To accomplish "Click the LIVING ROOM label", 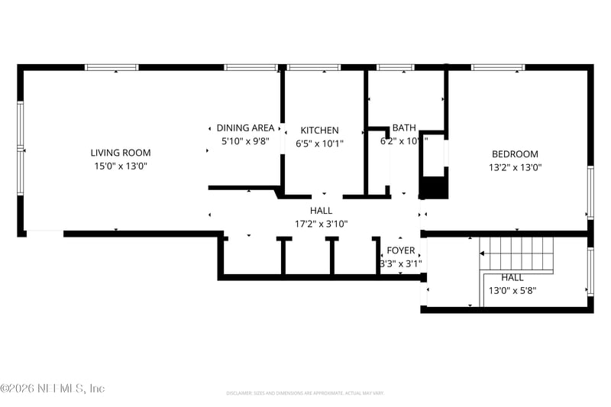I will [121, 153].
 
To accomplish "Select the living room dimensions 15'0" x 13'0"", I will [121, 166].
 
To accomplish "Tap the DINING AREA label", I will [245, 128].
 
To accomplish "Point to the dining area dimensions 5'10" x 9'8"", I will [245, 141].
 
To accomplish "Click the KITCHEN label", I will [319, 131].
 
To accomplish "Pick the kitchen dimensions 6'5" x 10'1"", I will [319, 144].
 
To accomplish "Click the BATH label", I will [404, 128].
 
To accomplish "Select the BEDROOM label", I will [515, 153].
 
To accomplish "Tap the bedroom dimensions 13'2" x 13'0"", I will [515, 166].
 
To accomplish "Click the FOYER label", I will [401, 250].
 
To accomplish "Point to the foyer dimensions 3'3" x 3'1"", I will [401, 263].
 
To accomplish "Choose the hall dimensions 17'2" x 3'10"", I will [321, 224].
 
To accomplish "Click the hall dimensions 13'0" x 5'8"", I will [512, 291].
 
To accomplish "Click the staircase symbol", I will [516, 254].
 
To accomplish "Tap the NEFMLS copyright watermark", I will [52, 389].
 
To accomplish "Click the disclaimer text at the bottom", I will [305, 393].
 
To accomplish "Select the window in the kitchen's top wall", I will [314, 68].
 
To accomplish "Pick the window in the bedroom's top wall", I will [498, 68].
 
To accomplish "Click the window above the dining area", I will [251, 68].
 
